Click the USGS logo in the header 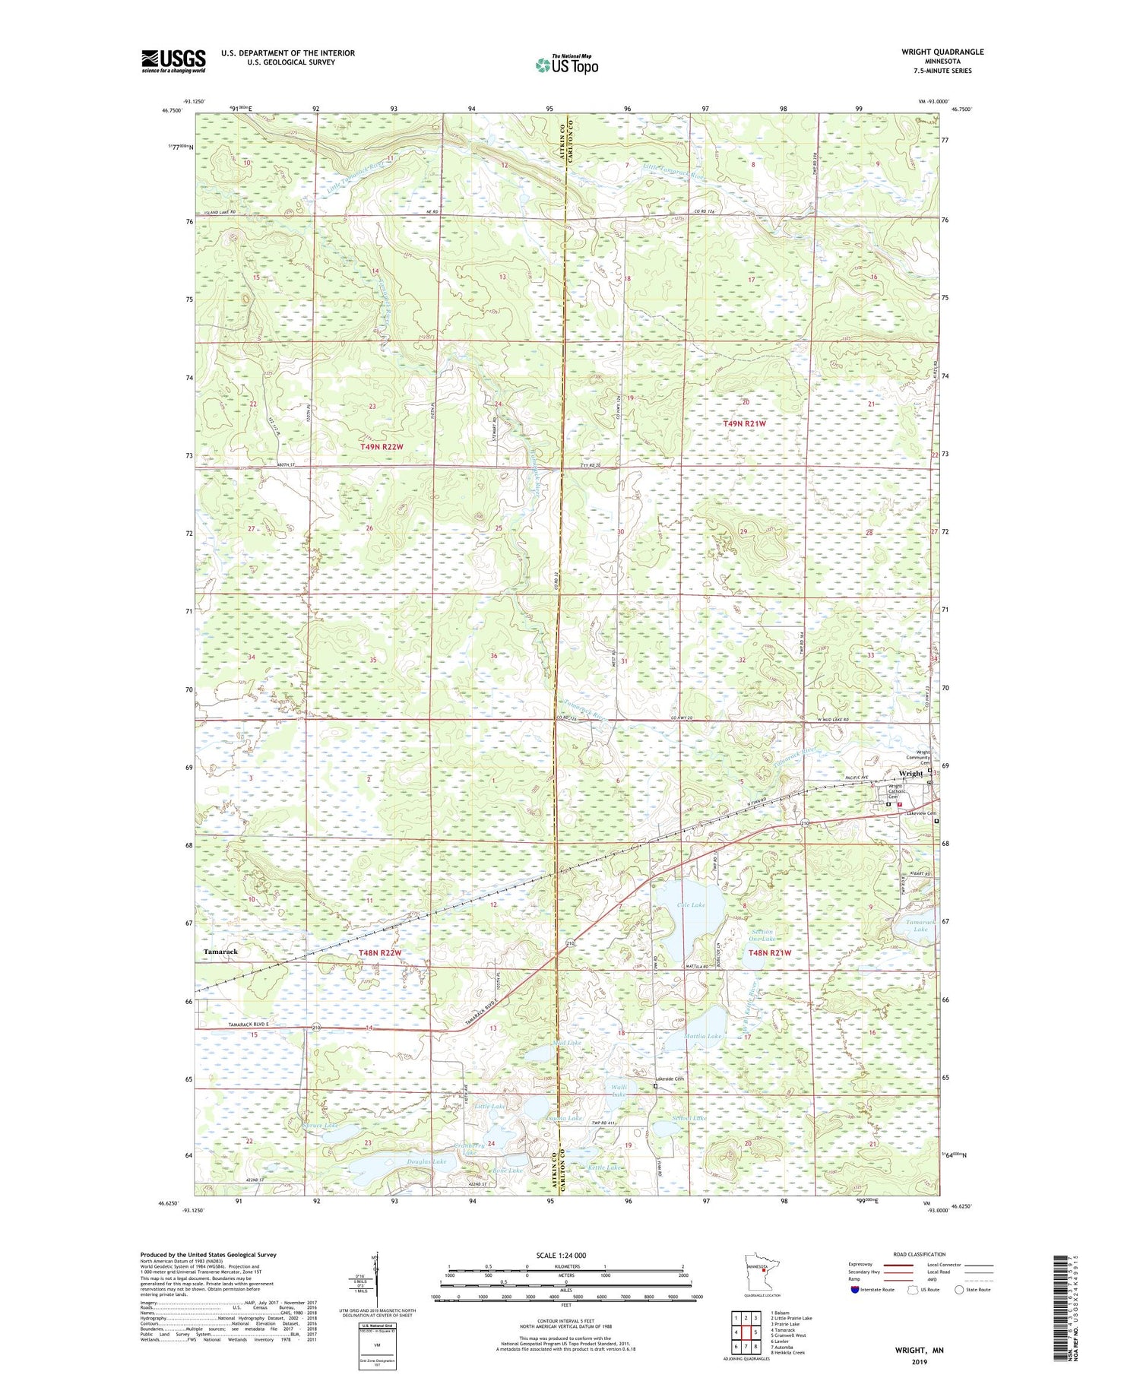[173, 61]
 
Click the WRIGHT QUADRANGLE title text [939, 52]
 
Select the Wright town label [910, 774]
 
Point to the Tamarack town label [220, 952]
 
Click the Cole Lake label [691, 905]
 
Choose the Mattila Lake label [704, 1036]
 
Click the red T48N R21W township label [770, 953]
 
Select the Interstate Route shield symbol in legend [855, 1290]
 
